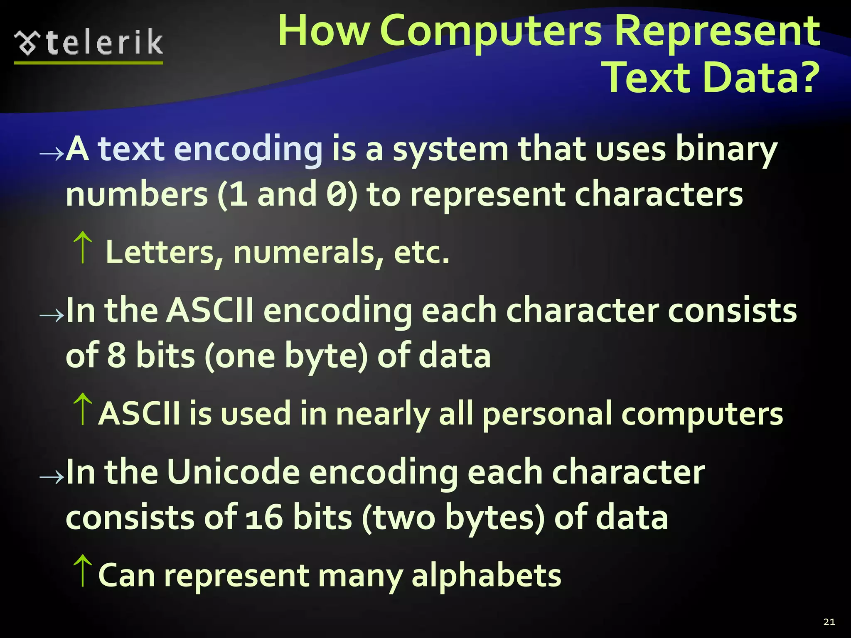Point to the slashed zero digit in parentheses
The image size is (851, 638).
(x=337, y=195)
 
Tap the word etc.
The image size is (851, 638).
(x=421, y=252)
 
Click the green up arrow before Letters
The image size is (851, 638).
(x=83, y=248)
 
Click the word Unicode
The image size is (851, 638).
(x=233, y=472)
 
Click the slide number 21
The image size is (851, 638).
(x=829, y=622)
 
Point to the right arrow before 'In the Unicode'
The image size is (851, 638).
(x=52, y=477)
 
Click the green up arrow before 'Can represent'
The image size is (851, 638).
(x=83, y=571)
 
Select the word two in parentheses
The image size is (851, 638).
(x=403, y=518)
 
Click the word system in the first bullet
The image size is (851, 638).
(x=450, y=150)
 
